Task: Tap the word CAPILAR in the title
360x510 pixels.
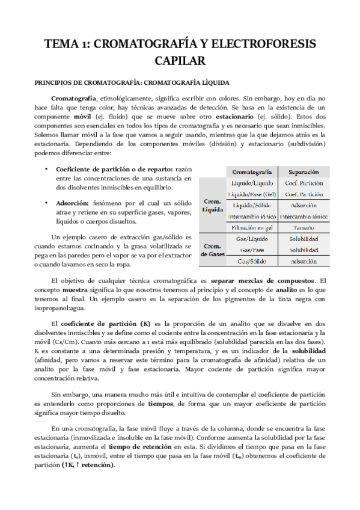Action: (x=180, y=60)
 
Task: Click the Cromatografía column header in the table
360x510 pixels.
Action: (x=252, y=171)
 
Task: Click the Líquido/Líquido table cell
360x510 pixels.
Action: (x=252, y=183)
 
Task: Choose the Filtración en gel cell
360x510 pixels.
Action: (x=252, y=227)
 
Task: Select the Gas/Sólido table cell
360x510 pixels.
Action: (x=252, y=262)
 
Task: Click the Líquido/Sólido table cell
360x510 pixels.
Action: (x=252, y=205)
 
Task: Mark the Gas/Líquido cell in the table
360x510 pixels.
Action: (x=252, y=239)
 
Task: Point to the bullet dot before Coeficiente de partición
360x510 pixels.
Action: (x=47, y=168)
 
